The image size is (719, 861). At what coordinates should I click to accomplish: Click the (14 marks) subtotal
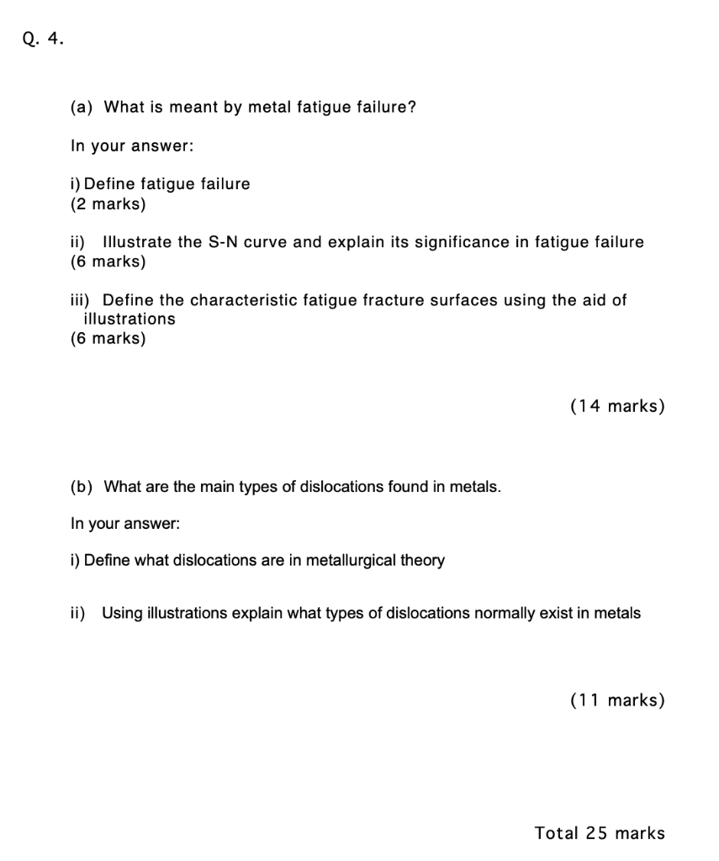pos(616,406)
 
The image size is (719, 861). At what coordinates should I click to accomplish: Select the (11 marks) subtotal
pos(616,700)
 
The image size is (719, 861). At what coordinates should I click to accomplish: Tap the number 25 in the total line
pos(596,833)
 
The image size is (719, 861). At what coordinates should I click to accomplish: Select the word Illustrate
pos(137,242)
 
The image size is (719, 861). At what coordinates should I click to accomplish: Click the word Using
pos(121,613)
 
